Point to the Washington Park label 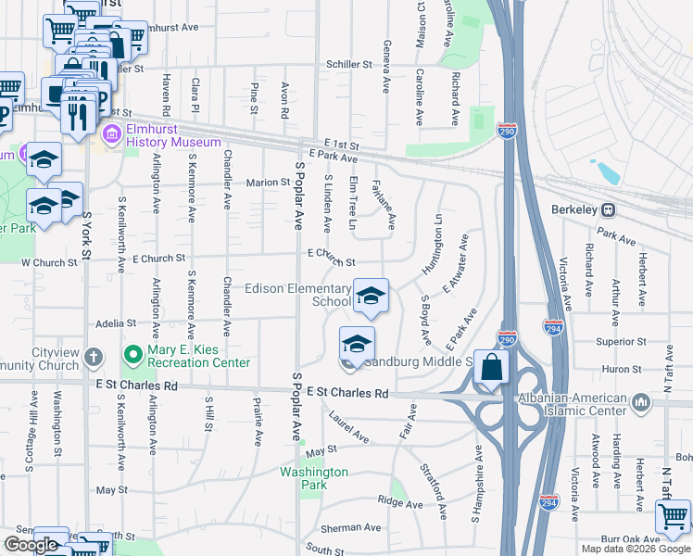[x=315, y=478]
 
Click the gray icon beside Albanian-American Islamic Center [x=641, y=403]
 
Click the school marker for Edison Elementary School [x=371, y=297]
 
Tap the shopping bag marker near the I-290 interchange [x=491, y=369]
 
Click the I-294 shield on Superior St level [x=554, y=329]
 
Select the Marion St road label [x=269, y=183]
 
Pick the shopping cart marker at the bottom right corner [x=673, y=517]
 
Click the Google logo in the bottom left [x=31, y=545]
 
